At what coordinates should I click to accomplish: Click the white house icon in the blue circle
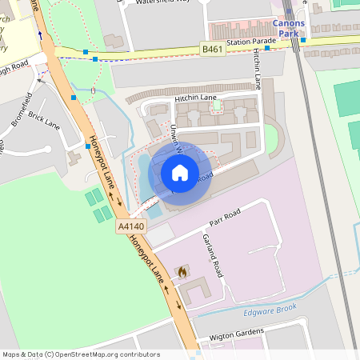click(x=180, y=173)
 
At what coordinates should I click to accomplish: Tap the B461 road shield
click(x=212, y=50)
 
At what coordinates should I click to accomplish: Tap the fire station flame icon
click(x=182, y=272)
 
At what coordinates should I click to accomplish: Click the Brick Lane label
click(x=44, y=121)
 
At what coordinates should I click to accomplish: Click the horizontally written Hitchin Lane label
click(x=195, y=98)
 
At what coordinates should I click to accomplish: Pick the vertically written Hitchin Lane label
click(x=258, y=68)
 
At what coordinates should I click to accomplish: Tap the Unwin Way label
click(x=176, y=138)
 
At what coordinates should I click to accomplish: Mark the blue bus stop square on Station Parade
click(x=267, y=46)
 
